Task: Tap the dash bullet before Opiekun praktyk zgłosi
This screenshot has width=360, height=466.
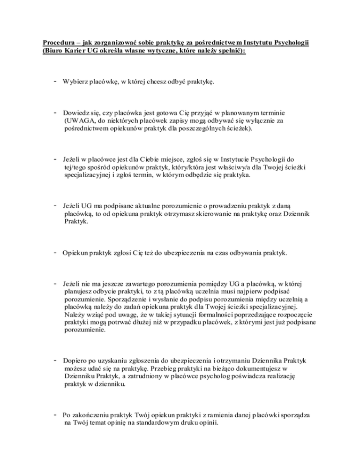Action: tap(55, 254)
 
